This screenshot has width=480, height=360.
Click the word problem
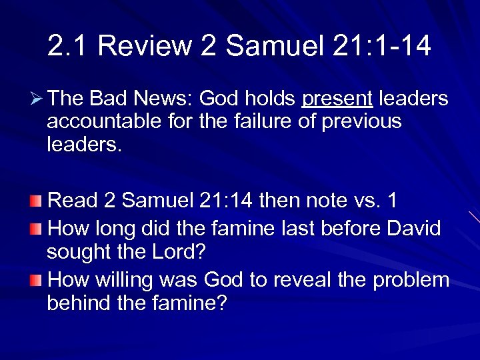(411, 280)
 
